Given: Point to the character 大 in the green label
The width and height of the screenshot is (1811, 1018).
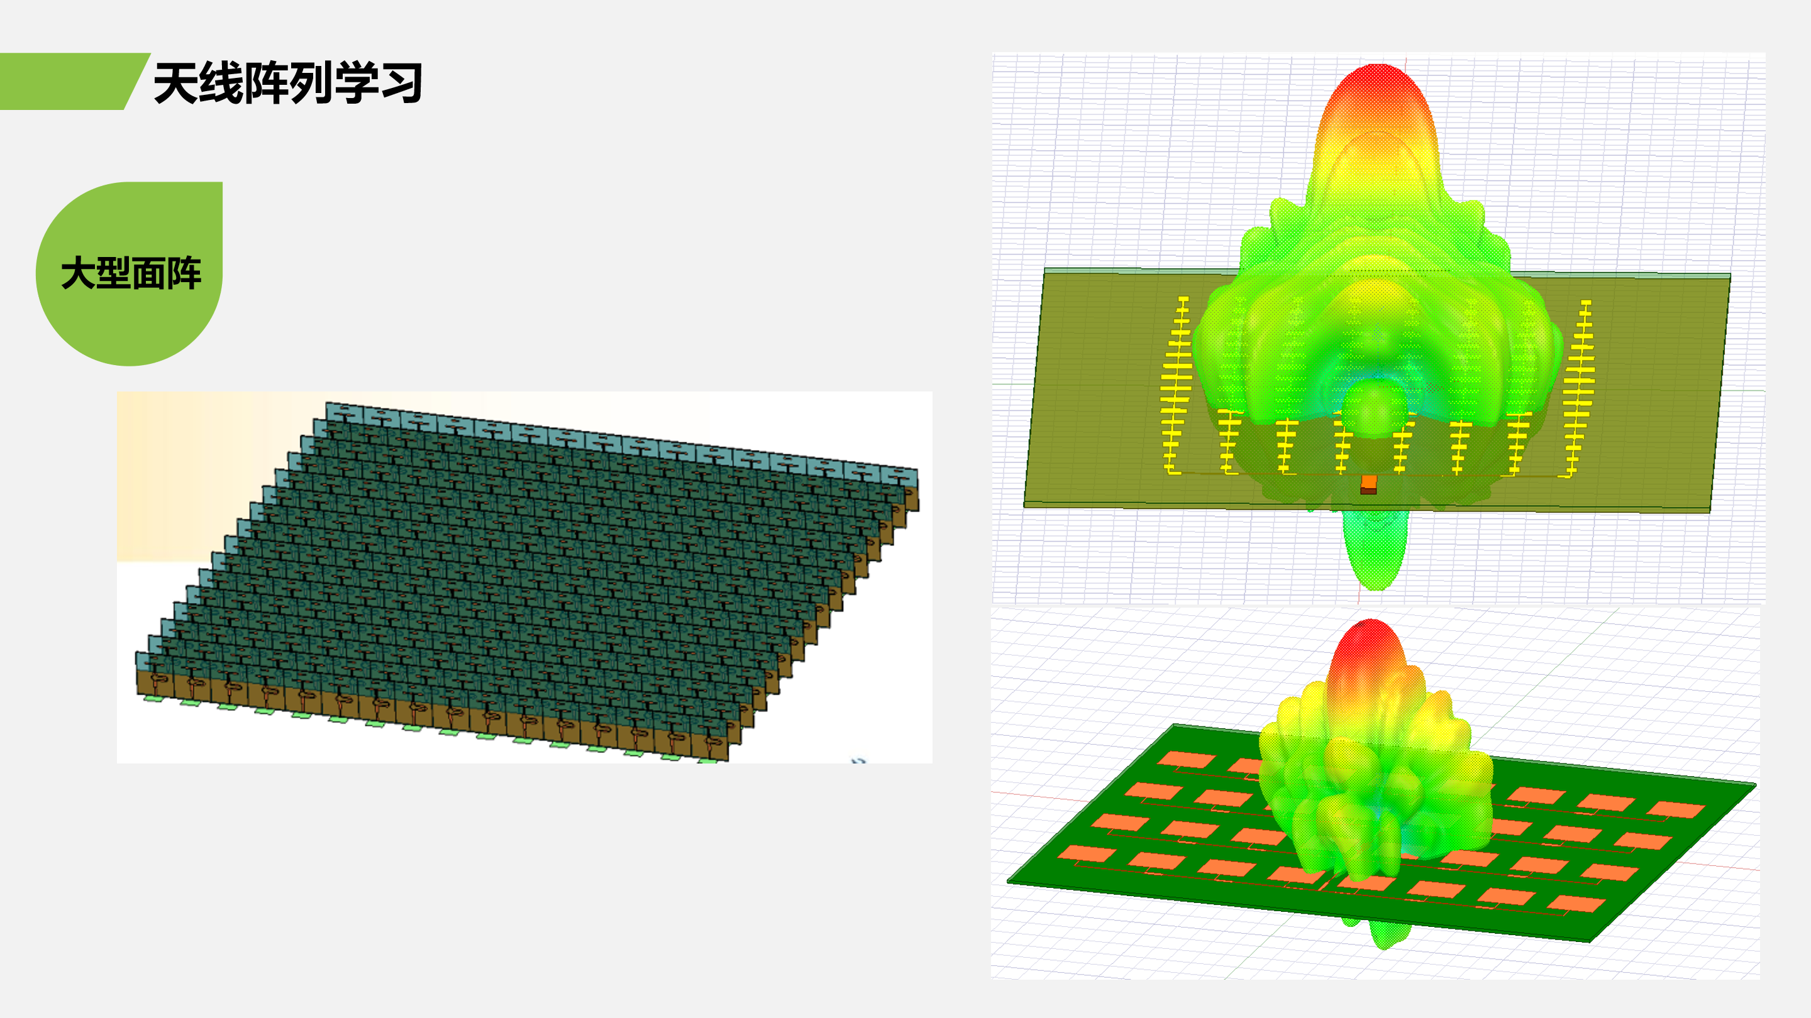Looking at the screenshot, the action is pos(78,273).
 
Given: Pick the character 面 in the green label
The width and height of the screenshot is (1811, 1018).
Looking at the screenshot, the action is pos(148,273).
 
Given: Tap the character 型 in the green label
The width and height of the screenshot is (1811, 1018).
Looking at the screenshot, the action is pos(113,273).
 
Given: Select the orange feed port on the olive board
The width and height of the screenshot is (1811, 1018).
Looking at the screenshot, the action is pos(1368,484).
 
